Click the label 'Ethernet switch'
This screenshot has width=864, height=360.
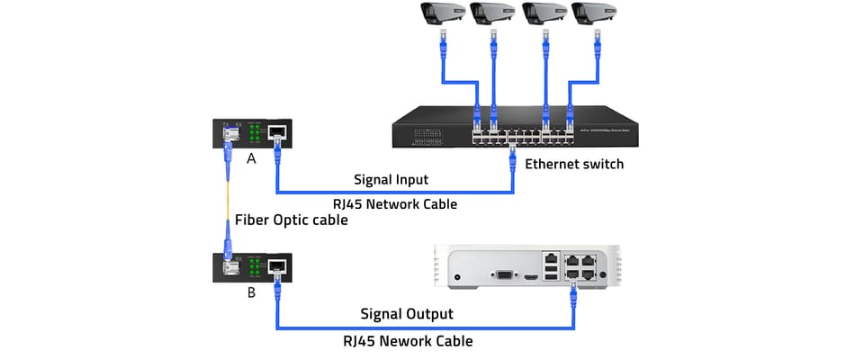[x=573, y=165]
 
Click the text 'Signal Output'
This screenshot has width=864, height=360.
[x=407, y=314]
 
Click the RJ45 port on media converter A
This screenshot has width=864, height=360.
[x=278, y=132]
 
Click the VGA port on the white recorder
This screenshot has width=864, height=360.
[x=504, y=278]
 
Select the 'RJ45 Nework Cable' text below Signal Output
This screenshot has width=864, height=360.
[x=406, y=341]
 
